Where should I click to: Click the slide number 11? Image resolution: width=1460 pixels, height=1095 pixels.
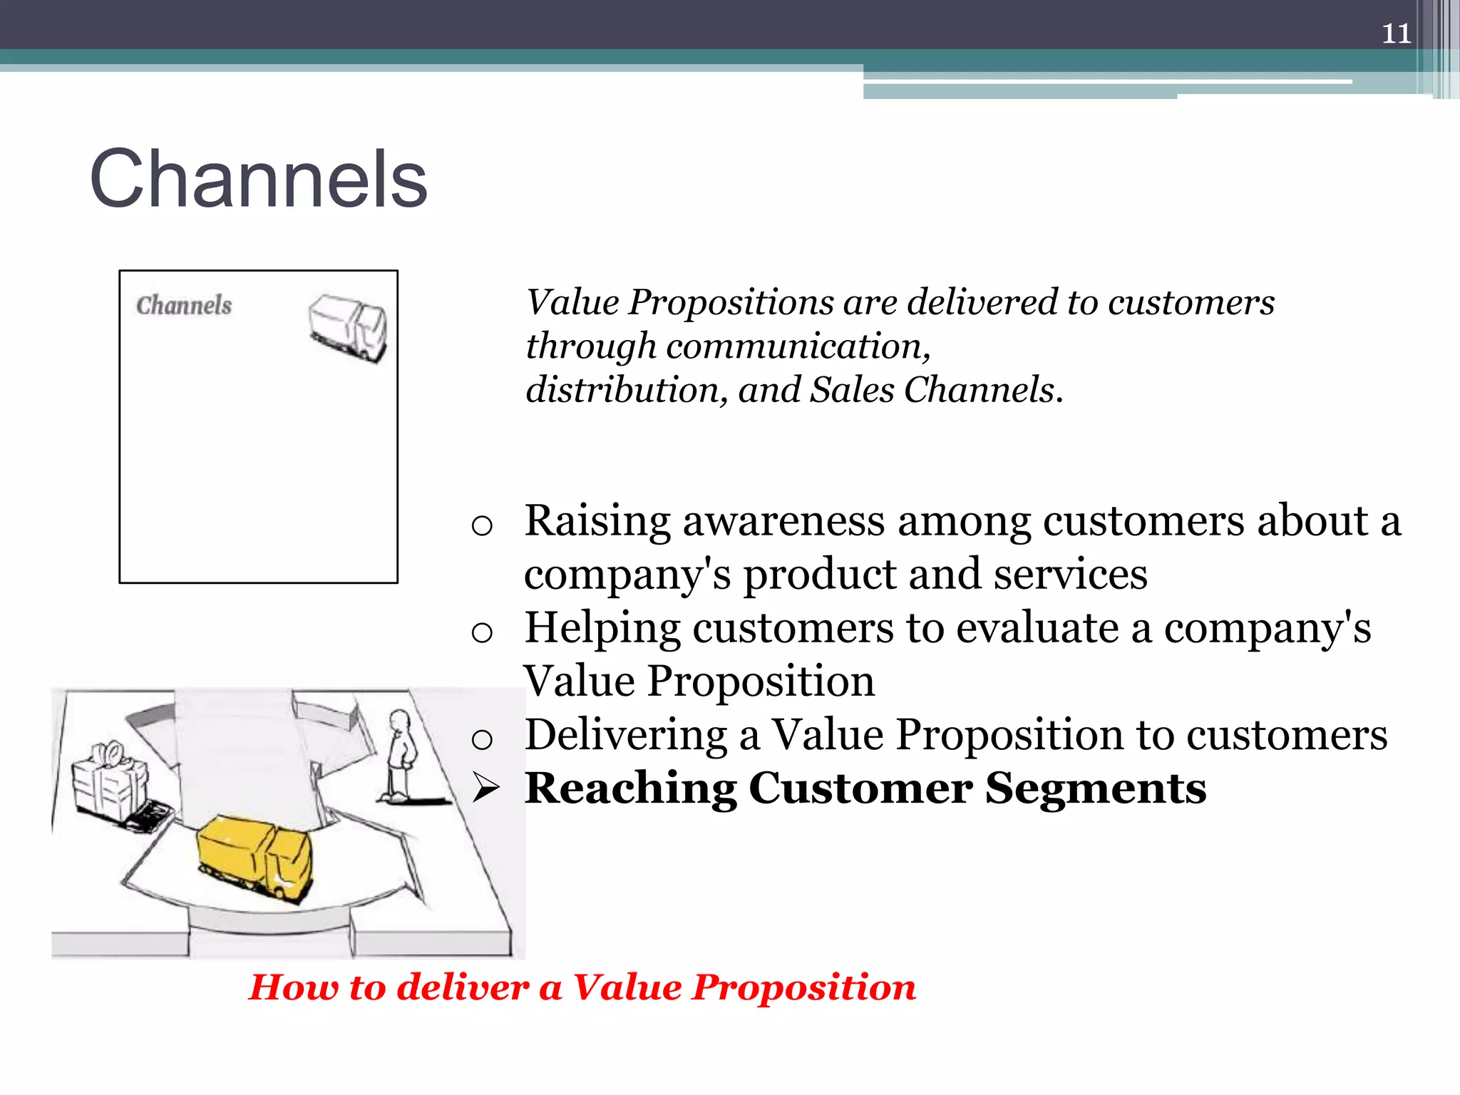click(x=1396, y=34)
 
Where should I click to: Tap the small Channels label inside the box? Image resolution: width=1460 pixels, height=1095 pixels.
click(x=184, y=305)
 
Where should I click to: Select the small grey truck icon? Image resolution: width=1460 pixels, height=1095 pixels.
click(x=348, y=327)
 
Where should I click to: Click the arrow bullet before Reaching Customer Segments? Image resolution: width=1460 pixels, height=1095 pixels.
click(x=486, y=788)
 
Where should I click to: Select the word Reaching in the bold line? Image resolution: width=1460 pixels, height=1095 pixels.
click(x=630, y=788)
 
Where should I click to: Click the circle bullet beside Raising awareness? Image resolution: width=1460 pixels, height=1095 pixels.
click(x=482, y=526)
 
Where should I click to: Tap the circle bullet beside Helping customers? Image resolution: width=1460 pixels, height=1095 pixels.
click(x=482, y=632)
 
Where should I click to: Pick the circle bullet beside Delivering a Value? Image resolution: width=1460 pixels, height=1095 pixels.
click(x=482, y=739)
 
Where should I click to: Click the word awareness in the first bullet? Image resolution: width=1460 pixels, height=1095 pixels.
click(x=783, y=520)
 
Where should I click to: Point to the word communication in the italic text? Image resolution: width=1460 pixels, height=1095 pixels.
click(x=797, y=346)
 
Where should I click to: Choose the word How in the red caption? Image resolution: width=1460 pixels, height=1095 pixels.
click(x=293, y=987)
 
